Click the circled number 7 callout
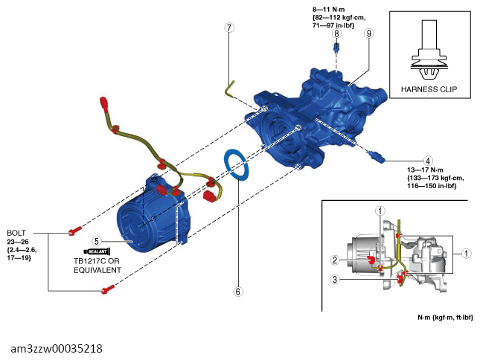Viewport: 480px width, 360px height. click(x=229, y=28)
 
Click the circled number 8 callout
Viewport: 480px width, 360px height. click(x=336, y=33)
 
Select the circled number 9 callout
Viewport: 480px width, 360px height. click(x=368, y=33)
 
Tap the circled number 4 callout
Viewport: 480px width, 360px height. click(x=428, y=161)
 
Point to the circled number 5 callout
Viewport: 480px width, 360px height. click(x=97, y=241)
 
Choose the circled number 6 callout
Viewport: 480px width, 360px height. click(x=238, y=292)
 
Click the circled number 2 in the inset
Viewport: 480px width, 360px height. click(x=335, y=260)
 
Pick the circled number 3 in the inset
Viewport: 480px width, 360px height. click(x=335, y=279)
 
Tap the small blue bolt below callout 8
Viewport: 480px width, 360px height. click(x=336, y=47)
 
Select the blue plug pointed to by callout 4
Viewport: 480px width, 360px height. click(x=377, y=157)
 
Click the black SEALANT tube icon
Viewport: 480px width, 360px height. click(x=97, y=251)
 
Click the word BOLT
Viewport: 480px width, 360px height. click(x=16, y=233)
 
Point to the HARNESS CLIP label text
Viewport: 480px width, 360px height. click(x=429, y=89)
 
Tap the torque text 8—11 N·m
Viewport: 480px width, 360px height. click(x=328, y=10)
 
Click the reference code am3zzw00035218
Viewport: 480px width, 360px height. click(x=57, y=349)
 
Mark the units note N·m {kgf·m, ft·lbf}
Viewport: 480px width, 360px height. click(x=446, y=318)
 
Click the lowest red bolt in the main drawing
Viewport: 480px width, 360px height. click(x=108, y=289)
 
